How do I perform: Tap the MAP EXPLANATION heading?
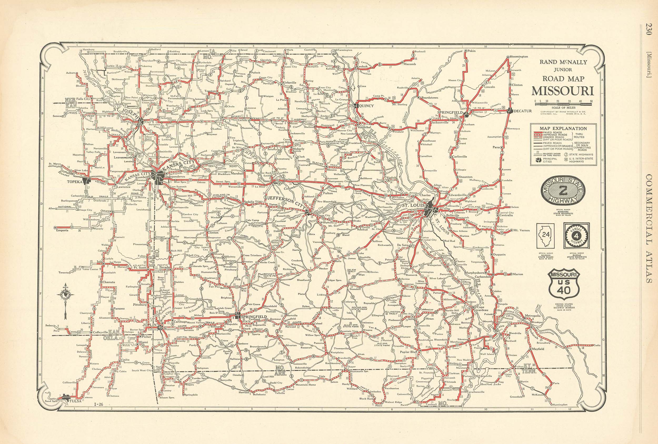(563, 128)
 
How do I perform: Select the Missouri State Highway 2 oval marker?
(563, 191)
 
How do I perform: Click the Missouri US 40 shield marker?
(564, 284)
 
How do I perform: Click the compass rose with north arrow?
(66, 296)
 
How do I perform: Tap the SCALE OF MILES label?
(562, 108)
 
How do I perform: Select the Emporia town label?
(62, 230)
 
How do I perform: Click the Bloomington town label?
(519, 57)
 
